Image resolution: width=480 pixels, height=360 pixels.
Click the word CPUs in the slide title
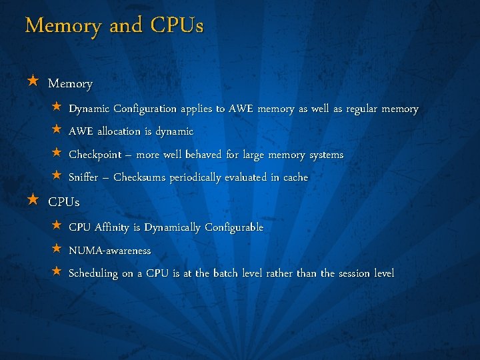(x=177, y=26)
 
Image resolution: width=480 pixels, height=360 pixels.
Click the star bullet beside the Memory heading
(x=33, y=82)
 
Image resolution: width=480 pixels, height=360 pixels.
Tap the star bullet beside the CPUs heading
(x=33, y=199)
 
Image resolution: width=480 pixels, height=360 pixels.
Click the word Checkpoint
(x=95, y=155)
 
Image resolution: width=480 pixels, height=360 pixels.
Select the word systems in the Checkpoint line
(x=326, y=155)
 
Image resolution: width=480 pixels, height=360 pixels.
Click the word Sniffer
(x=85, y=177)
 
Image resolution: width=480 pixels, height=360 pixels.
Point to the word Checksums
(x=139, y=177)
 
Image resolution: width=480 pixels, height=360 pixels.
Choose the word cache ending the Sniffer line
(x=295, y=177)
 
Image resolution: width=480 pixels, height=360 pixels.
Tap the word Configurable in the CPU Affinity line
(x=234, y=227)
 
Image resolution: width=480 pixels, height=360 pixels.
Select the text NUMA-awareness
(x=110, y=251)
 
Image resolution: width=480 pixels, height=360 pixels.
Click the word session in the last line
(x=355, y=273)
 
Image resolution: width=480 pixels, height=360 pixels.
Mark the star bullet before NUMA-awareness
(x=57, y=249)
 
